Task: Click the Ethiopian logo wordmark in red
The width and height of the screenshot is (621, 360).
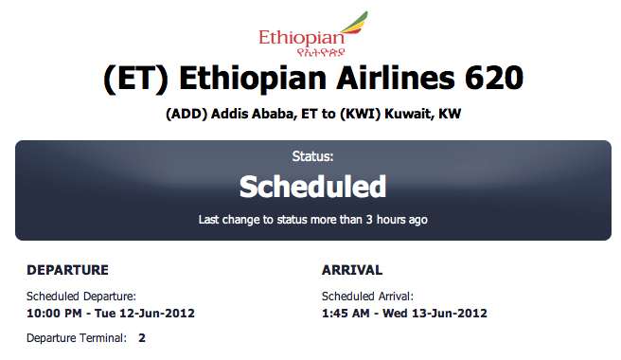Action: point(301,39)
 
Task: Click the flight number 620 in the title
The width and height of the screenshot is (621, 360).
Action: point(494,78)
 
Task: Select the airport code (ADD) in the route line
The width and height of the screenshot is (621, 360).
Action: point(186,115)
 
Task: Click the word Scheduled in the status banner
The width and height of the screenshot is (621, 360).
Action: point(313,187)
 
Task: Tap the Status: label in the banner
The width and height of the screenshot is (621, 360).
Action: point(313,156)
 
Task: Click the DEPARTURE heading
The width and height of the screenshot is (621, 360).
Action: point(67,270)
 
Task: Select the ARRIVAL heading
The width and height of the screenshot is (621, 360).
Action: point(352,270)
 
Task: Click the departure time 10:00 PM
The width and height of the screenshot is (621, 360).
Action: point(54,314)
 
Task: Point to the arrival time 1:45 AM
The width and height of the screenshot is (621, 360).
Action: point(346,314)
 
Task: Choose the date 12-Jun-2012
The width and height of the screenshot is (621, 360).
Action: point(157,314)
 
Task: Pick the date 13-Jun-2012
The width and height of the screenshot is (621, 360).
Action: point(450,314)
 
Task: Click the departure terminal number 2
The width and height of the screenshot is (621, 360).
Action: point(142,338)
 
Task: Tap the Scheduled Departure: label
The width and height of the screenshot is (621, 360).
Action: point(81,297)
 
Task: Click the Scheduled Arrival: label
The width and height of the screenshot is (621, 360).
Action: point(367,297)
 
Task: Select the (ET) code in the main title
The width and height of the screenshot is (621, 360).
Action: point(136,79)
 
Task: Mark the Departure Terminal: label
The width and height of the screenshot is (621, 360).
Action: point(77,338)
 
